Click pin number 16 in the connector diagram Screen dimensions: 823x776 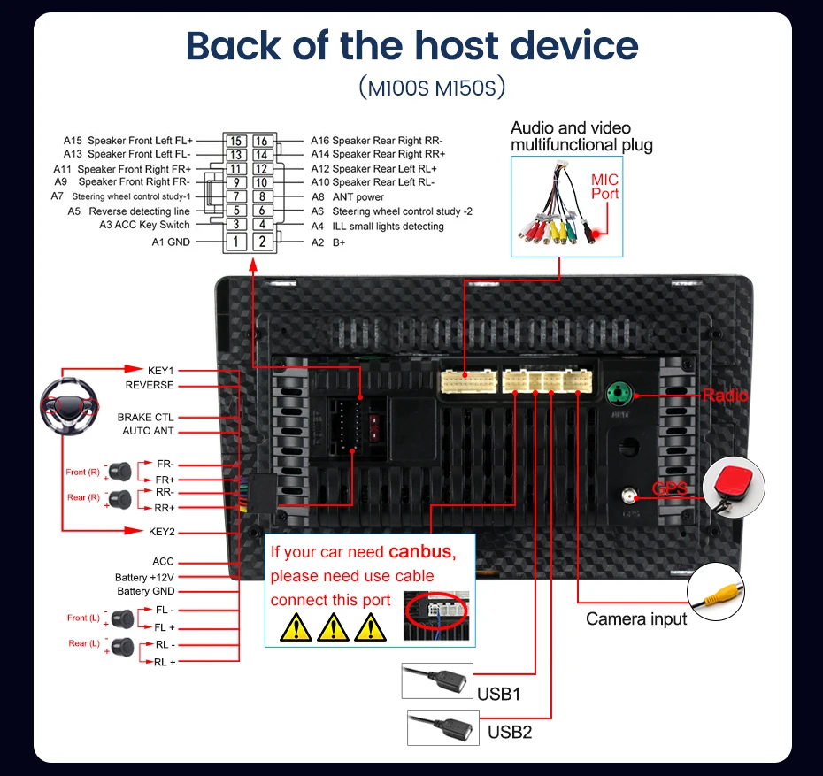(x=262, y=141)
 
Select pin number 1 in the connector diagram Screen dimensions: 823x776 (x=236, y=242)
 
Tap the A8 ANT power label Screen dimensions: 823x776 (x=348, y=196)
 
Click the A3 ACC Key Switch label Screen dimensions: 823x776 (x=144, y=225)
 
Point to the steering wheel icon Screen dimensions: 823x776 (x=69, y=406)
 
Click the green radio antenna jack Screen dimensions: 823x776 (x=619, y=394)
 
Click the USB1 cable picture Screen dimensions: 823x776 (x=437, y=680)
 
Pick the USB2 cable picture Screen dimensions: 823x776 (x=443, y=727)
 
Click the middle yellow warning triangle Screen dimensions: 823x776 (x=334, y=627)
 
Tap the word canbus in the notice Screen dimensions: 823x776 (x=419, y=552)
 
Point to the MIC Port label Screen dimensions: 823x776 (x=604, y=187)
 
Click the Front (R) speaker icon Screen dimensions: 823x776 (x=120, y=472)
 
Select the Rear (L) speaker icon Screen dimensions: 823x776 (x=123, y=647)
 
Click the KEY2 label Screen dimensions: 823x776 (x=162, y=532)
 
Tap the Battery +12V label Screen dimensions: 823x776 (x=144, y=577)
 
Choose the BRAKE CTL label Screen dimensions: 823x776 (x=145, y=417)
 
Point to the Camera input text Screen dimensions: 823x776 (x=636, y=619)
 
